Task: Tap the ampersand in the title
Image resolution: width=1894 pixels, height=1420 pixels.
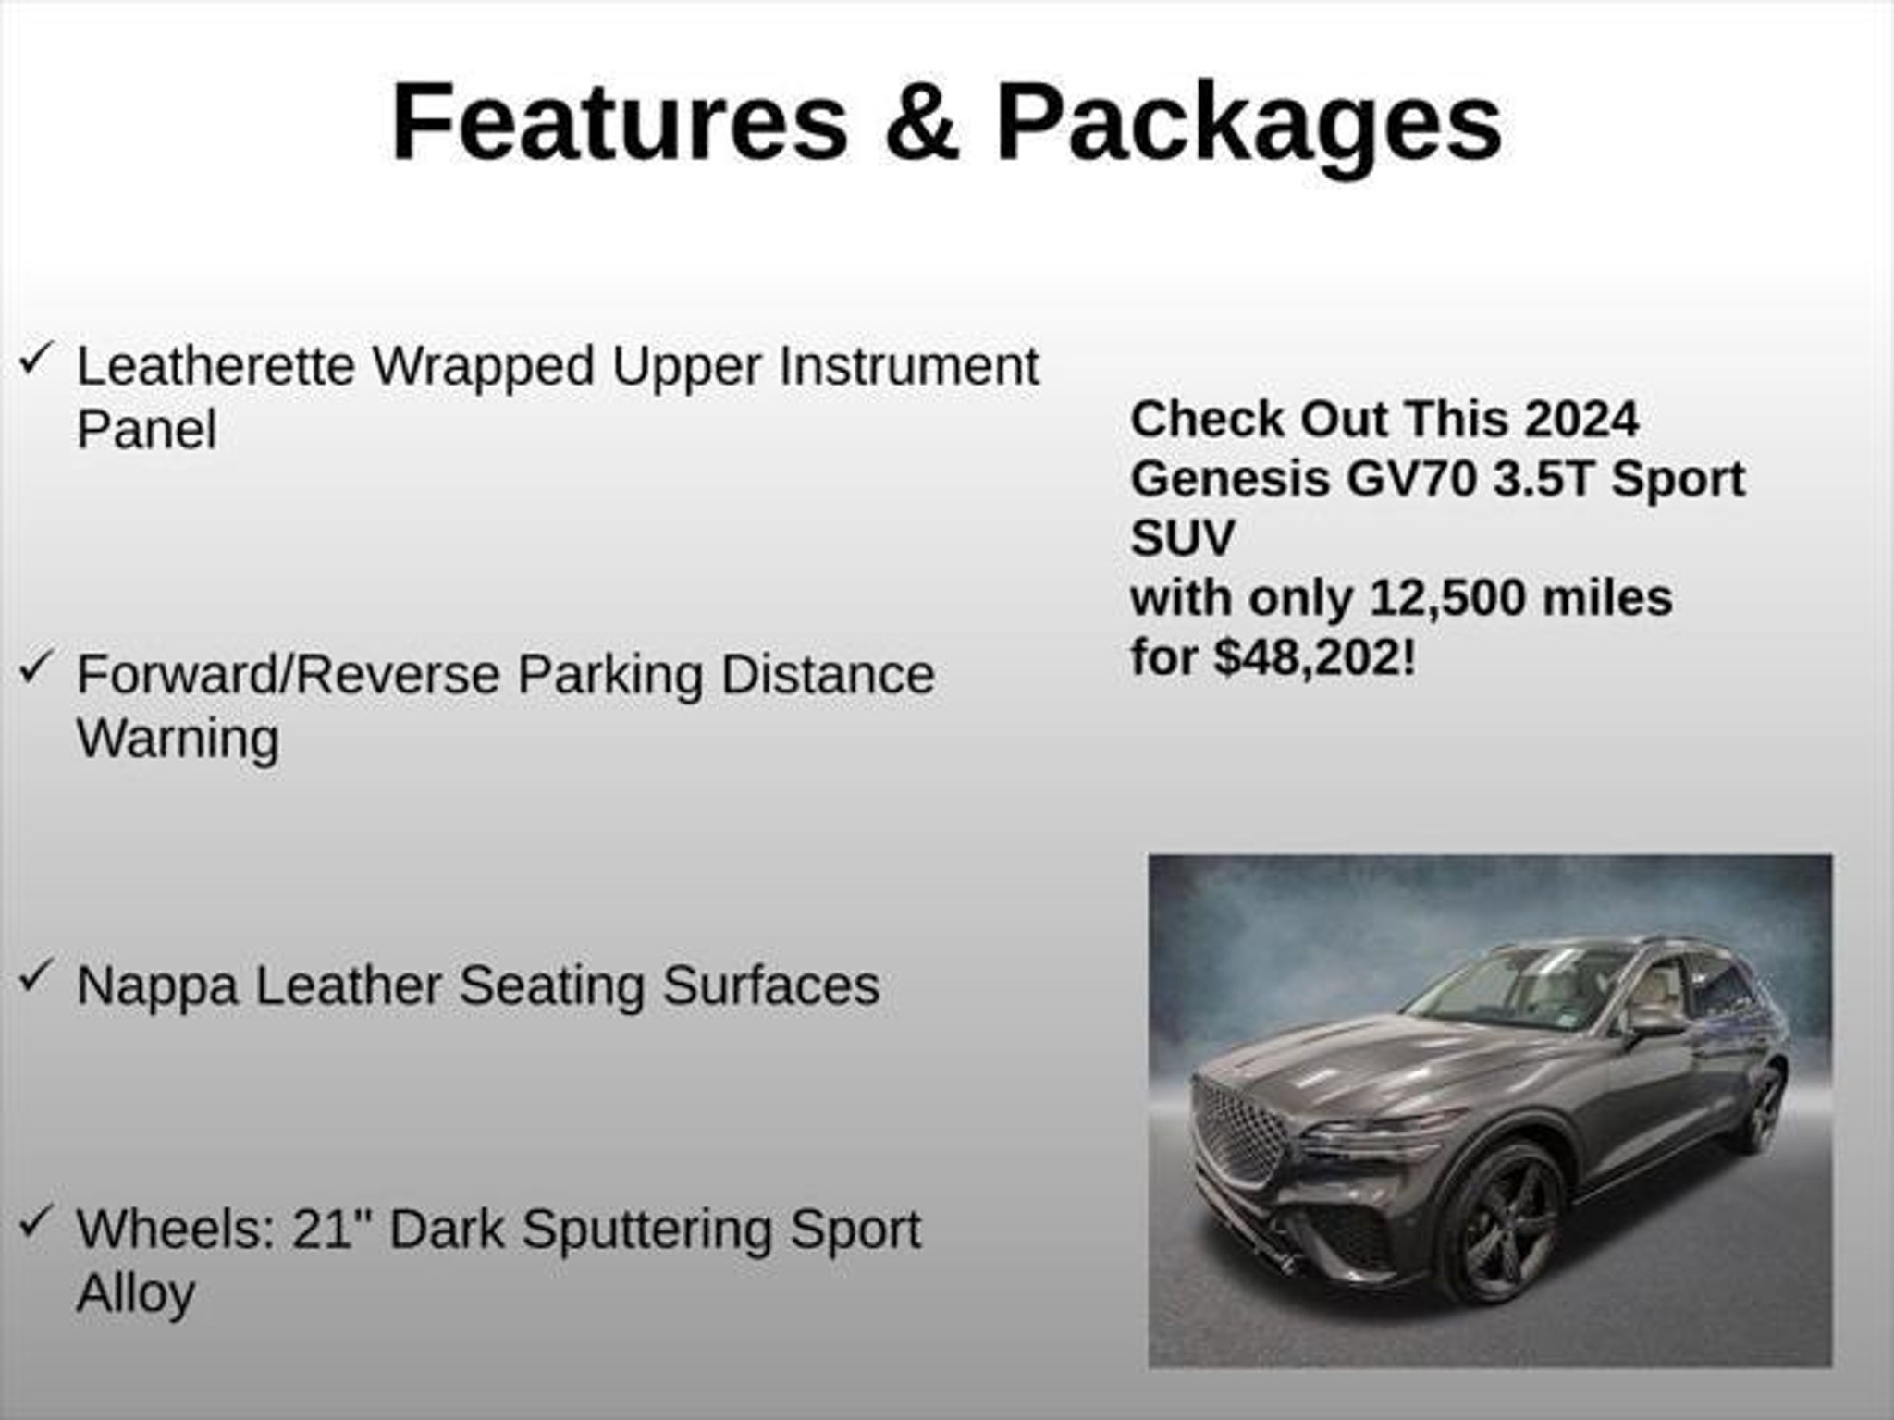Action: [x=921, y=122]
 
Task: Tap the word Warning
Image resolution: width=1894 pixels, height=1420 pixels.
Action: [x=178, y=740]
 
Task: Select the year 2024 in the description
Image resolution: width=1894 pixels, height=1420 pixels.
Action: [x=1581, y=420]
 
